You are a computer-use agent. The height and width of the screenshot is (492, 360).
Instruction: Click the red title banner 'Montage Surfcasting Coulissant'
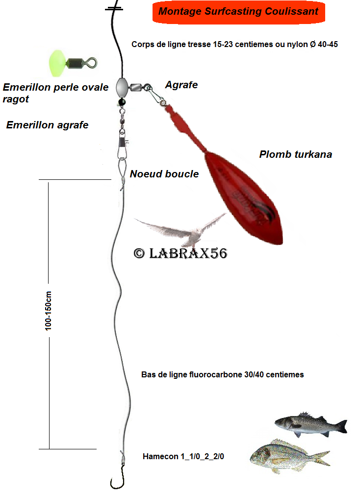click(x=238, y=12)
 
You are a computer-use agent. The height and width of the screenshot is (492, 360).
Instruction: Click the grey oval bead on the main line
click(x=121, y=88)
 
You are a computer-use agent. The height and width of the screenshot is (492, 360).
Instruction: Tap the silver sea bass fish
click(x=309, y=424)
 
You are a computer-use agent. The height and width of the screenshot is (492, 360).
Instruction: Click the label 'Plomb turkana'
click(x=295, y=154)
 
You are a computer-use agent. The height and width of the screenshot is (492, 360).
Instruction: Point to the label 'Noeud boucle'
click(x=164, y=174)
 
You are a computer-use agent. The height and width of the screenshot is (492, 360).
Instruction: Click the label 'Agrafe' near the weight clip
click(x=181, y=85)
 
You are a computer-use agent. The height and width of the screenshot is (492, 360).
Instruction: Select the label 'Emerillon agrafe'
click(x=47, y=125)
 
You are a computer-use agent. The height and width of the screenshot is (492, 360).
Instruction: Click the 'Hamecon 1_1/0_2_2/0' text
click(x=183, y=456)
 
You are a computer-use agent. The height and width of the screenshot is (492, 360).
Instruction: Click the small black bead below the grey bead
click(x=121, y=101)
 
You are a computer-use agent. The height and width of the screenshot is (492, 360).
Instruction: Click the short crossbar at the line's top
click(x=114, y=9)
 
